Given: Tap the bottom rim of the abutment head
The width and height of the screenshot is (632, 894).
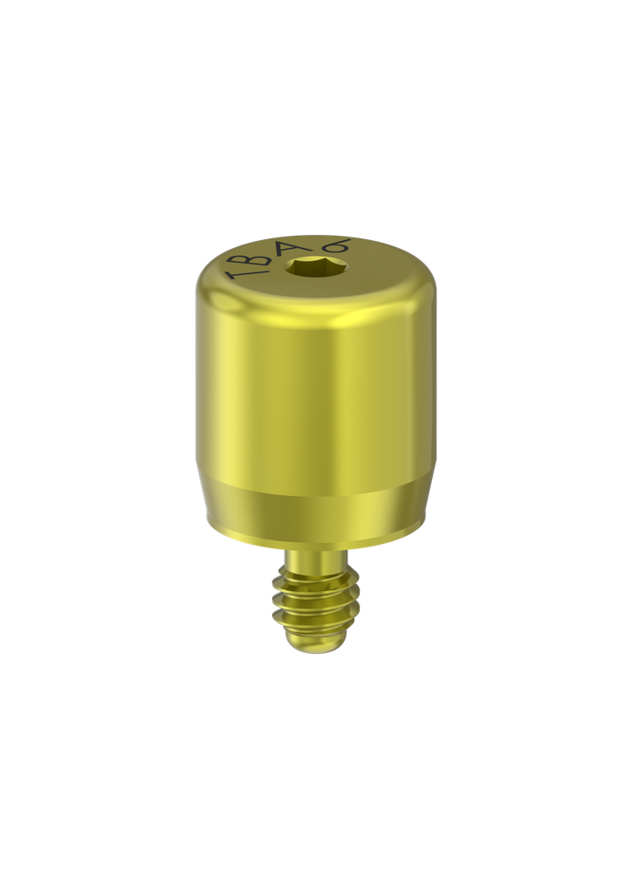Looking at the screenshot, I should [316, 545].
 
